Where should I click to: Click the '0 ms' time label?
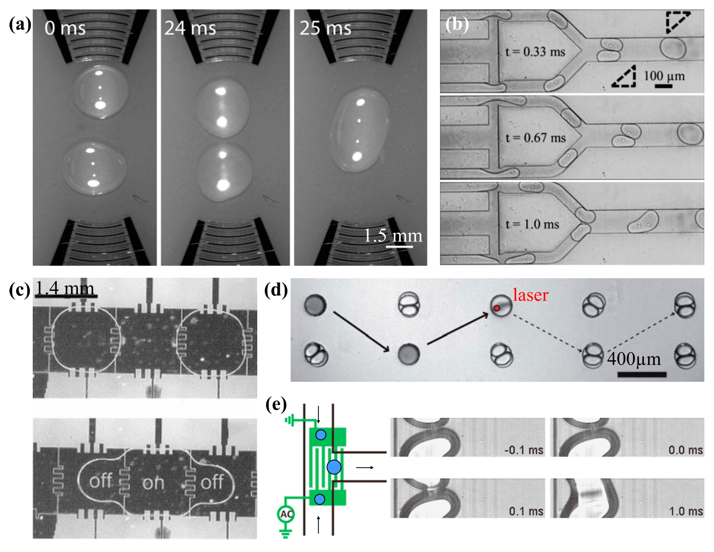(65, 28)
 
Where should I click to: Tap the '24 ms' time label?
(190, 28)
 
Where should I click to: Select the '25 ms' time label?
(325, 28)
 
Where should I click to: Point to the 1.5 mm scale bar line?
(399, 246)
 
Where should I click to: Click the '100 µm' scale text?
(664, 76)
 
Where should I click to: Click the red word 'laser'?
(530, 295)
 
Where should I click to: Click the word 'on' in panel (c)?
(153, 482)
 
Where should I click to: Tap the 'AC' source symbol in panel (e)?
(286, 514)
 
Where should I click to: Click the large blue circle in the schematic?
(334, 467)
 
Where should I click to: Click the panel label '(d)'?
(276, 290)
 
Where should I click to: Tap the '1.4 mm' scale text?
(65, 288)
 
